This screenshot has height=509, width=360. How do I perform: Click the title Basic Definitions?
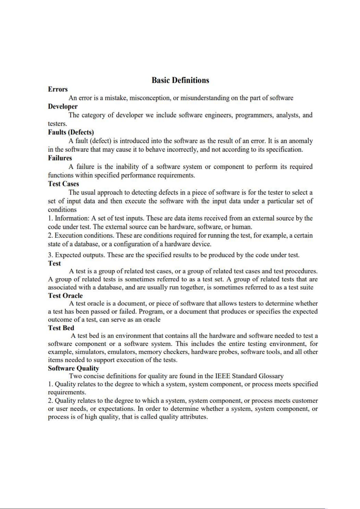(180, 80)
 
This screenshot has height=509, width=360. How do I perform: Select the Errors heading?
(58, 89)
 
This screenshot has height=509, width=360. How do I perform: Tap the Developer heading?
(63, 107)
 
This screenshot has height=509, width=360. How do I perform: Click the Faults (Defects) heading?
(71, 132)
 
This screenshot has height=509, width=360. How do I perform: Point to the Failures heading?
(60, 158)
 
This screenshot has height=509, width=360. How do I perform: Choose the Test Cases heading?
(63, 184)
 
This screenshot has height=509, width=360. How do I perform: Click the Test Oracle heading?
(65, 296)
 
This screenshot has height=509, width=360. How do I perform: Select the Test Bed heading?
(61, 328)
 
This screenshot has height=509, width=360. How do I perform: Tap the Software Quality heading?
(73, 368)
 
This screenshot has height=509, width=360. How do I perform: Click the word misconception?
(150, 98)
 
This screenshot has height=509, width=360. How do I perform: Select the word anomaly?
(301, 141)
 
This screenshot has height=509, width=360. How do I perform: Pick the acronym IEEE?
(223, 376)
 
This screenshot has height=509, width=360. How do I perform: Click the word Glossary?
(271, 376)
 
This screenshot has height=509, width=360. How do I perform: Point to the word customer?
(305, 401)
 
